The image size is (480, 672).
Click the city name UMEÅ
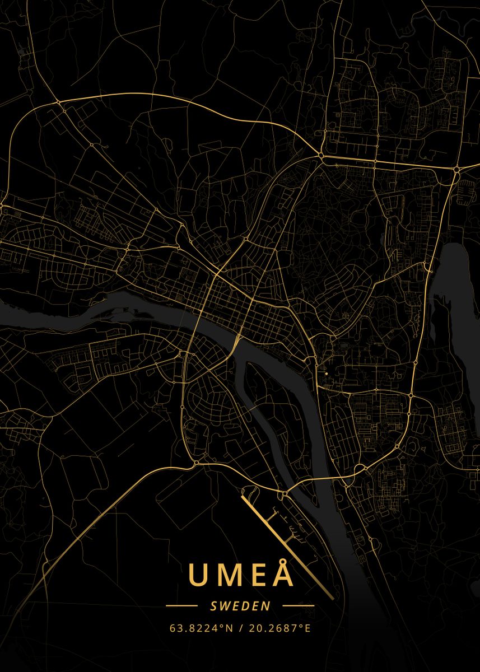[241, 574]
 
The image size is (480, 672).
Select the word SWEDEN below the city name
[240, 606]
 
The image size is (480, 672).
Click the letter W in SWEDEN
[226, 606]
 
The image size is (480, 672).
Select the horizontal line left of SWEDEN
[182, 606]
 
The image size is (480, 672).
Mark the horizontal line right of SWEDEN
[299, 606]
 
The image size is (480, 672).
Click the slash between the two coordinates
[241, 628]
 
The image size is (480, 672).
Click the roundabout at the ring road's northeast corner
[456, 169]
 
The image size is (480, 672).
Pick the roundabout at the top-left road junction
[58, 102]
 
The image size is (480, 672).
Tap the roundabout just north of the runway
[284, 494]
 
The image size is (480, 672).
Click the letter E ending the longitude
[307, 628]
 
